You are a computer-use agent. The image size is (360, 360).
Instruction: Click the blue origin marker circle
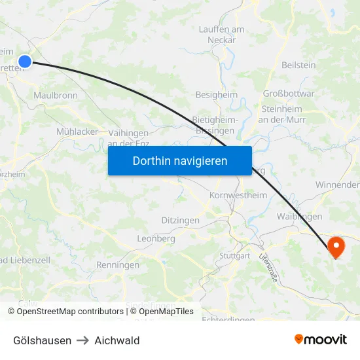click(25, 62)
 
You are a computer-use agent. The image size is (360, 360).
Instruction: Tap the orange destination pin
click(336, 246)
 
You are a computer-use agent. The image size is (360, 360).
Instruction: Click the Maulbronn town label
click(56, 96)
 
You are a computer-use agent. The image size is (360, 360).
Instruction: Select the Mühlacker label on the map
click(77, 132)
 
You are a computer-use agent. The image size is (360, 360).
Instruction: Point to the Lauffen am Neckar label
click(222, 35)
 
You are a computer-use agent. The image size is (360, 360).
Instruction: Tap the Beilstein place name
click(298, 65)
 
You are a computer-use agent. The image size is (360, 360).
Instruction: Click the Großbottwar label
click(289, 94)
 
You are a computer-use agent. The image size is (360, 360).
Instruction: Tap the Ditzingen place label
click(180, 221)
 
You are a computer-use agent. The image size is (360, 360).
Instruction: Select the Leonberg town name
click(156, 240)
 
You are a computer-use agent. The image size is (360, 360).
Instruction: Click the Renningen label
click(118, 265)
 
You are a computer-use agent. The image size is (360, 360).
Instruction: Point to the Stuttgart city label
click(235, 256)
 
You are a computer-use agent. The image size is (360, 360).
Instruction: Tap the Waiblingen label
click(299, 217)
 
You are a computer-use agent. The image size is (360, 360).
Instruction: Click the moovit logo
click(320, 340)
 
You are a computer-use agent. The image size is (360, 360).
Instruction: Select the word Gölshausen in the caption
click(43, 340)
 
